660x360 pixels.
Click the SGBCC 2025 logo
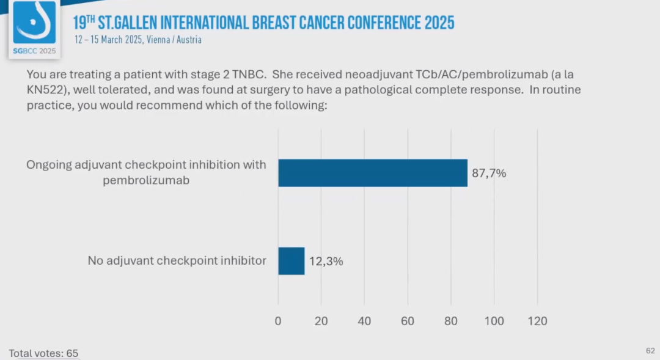pos(34,29)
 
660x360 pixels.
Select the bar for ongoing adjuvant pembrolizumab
pos(373,173)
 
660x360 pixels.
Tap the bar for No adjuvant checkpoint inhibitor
pos(291,261)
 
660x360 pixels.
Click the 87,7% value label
pos(489,173)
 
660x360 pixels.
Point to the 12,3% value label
pos(326,261)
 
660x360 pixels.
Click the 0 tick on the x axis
pos(278,321)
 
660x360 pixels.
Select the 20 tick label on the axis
pos(321,321)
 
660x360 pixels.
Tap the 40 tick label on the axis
pos(364,321)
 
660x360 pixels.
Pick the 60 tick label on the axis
pos(408,321)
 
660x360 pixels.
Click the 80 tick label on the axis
pos(451,321)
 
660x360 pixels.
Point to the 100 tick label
pos(494,321)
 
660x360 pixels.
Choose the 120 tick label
pos(537,321)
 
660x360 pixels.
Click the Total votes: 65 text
pos(43,353)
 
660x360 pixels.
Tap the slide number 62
pos(650,350)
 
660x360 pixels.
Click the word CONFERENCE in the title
pos(384,23)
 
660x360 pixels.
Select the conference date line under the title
pos(138,40)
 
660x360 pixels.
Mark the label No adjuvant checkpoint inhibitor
pos(177,261)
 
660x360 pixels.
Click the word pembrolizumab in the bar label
pos(146,181)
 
